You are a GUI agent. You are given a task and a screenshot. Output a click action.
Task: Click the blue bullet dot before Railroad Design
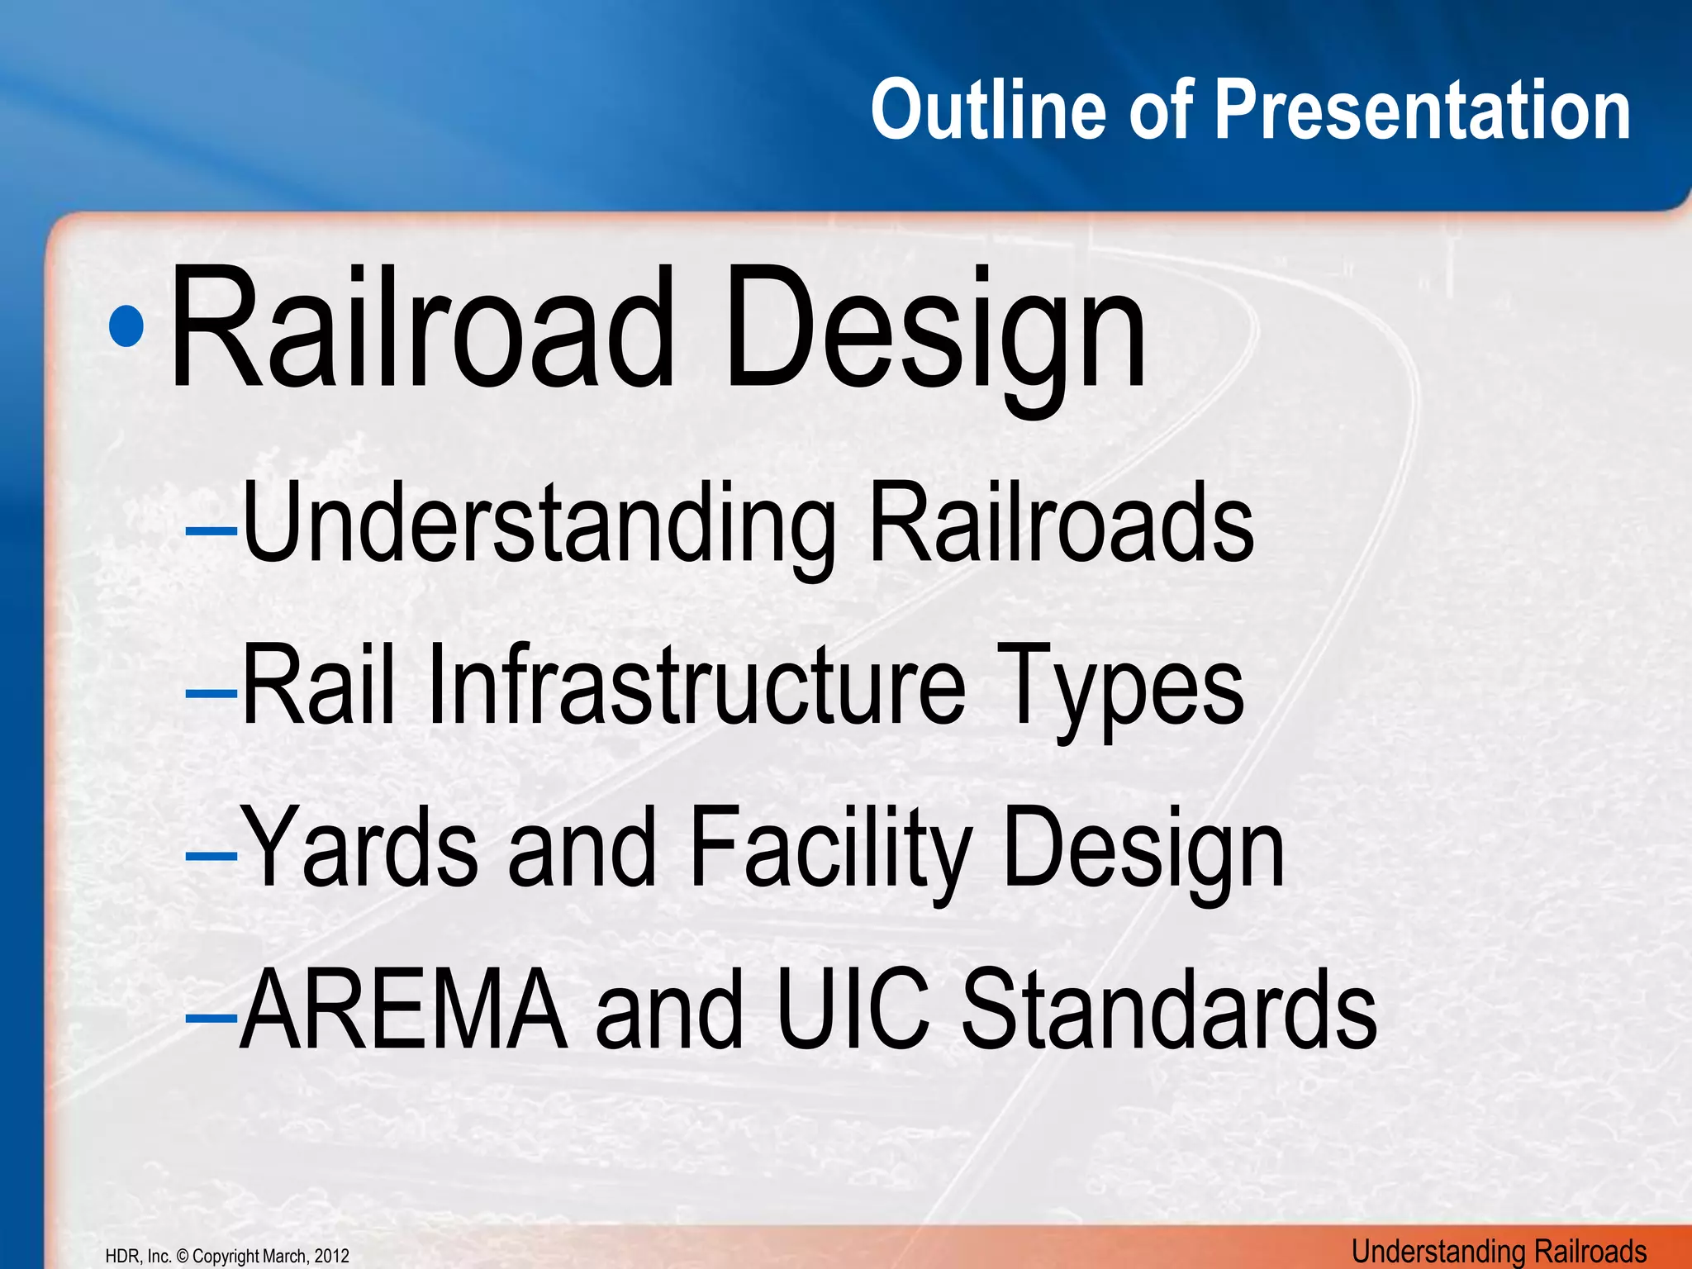(126, 327)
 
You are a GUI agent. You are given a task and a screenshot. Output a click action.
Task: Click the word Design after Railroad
(934, 330)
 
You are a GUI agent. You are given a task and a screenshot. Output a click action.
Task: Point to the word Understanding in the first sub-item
(537, 525)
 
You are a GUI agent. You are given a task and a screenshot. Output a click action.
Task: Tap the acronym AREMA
(404, 1010)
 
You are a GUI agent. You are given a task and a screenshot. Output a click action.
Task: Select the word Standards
(1168, 1010)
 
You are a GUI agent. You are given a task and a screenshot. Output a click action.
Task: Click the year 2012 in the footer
(331, 1257)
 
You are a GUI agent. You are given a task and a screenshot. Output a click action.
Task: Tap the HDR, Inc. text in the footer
(139, 1257)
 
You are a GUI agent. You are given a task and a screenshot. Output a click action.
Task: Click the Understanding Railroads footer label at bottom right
(1499, 1252)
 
